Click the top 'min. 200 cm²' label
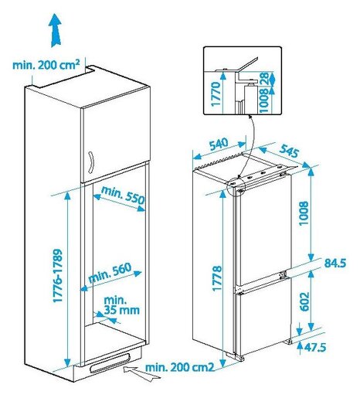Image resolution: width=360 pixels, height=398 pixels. click(x=46, y=65)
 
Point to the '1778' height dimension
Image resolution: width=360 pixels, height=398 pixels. click(x=218, y=274)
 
